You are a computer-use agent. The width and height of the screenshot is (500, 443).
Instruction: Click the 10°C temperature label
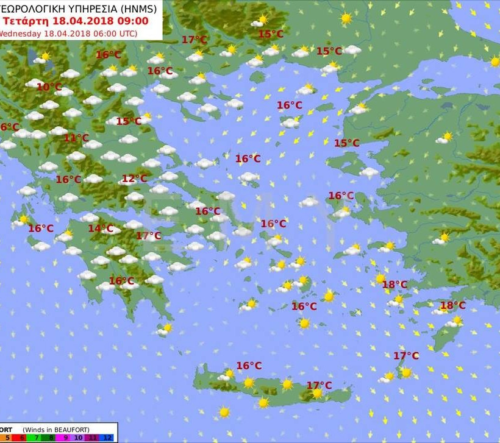(49, 87)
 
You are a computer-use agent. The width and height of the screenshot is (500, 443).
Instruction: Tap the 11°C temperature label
(76, 138)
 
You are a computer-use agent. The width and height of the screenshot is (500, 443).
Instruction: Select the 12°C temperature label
(134, 179)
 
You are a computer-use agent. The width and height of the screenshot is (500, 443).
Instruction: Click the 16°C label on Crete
(249, 366)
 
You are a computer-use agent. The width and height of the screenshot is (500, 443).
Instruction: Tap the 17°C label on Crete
(319, 385)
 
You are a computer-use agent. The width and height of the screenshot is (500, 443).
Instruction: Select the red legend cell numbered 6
(21, 438)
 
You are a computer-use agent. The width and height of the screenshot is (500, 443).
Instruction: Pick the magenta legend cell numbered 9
(65, 438)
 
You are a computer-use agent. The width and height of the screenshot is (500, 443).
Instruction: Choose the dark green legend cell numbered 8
(50, 438)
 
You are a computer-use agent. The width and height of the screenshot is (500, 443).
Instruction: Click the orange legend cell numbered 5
(7, 438)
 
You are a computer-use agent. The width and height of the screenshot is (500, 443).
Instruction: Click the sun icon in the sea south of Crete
(224, 413)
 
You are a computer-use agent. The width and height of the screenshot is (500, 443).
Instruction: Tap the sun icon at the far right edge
(495, 62)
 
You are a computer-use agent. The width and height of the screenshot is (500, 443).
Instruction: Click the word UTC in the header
(127, 34)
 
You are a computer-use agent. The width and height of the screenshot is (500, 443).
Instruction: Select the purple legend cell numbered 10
(80, 438)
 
